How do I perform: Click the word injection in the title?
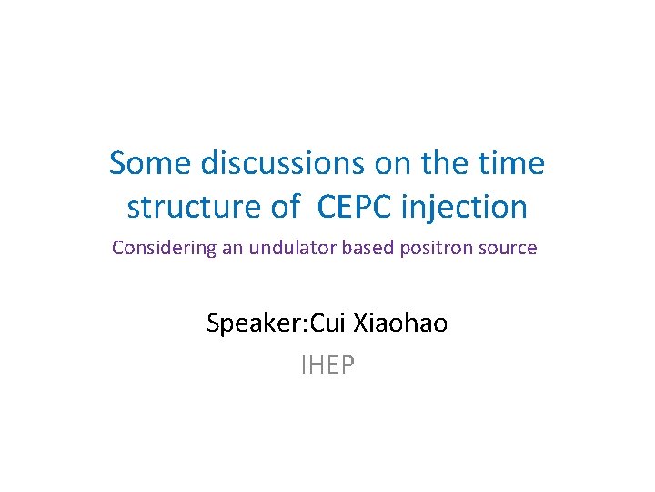[468, 207]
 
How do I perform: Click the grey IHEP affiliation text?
[327, 365]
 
